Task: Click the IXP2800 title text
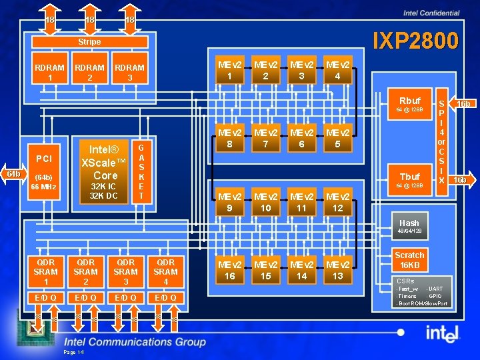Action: (415, 41)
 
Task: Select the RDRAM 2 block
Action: (89, 73)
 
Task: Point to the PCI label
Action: (44, 159)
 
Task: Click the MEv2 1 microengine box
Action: (229, 69)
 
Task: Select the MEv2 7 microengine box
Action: (265, 139)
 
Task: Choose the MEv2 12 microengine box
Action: (337, 203)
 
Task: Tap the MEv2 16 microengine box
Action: (229, 271)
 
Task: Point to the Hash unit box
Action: (409, 227)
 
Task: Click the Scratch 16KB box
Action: (409, 259)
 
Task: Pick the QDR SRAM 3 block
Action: (125, 272)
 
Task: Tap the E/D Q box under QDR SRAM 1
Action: (45, 297)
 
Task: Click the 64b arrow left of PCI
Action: (11, 174)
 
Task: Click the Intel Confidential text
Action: (431, 13)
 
